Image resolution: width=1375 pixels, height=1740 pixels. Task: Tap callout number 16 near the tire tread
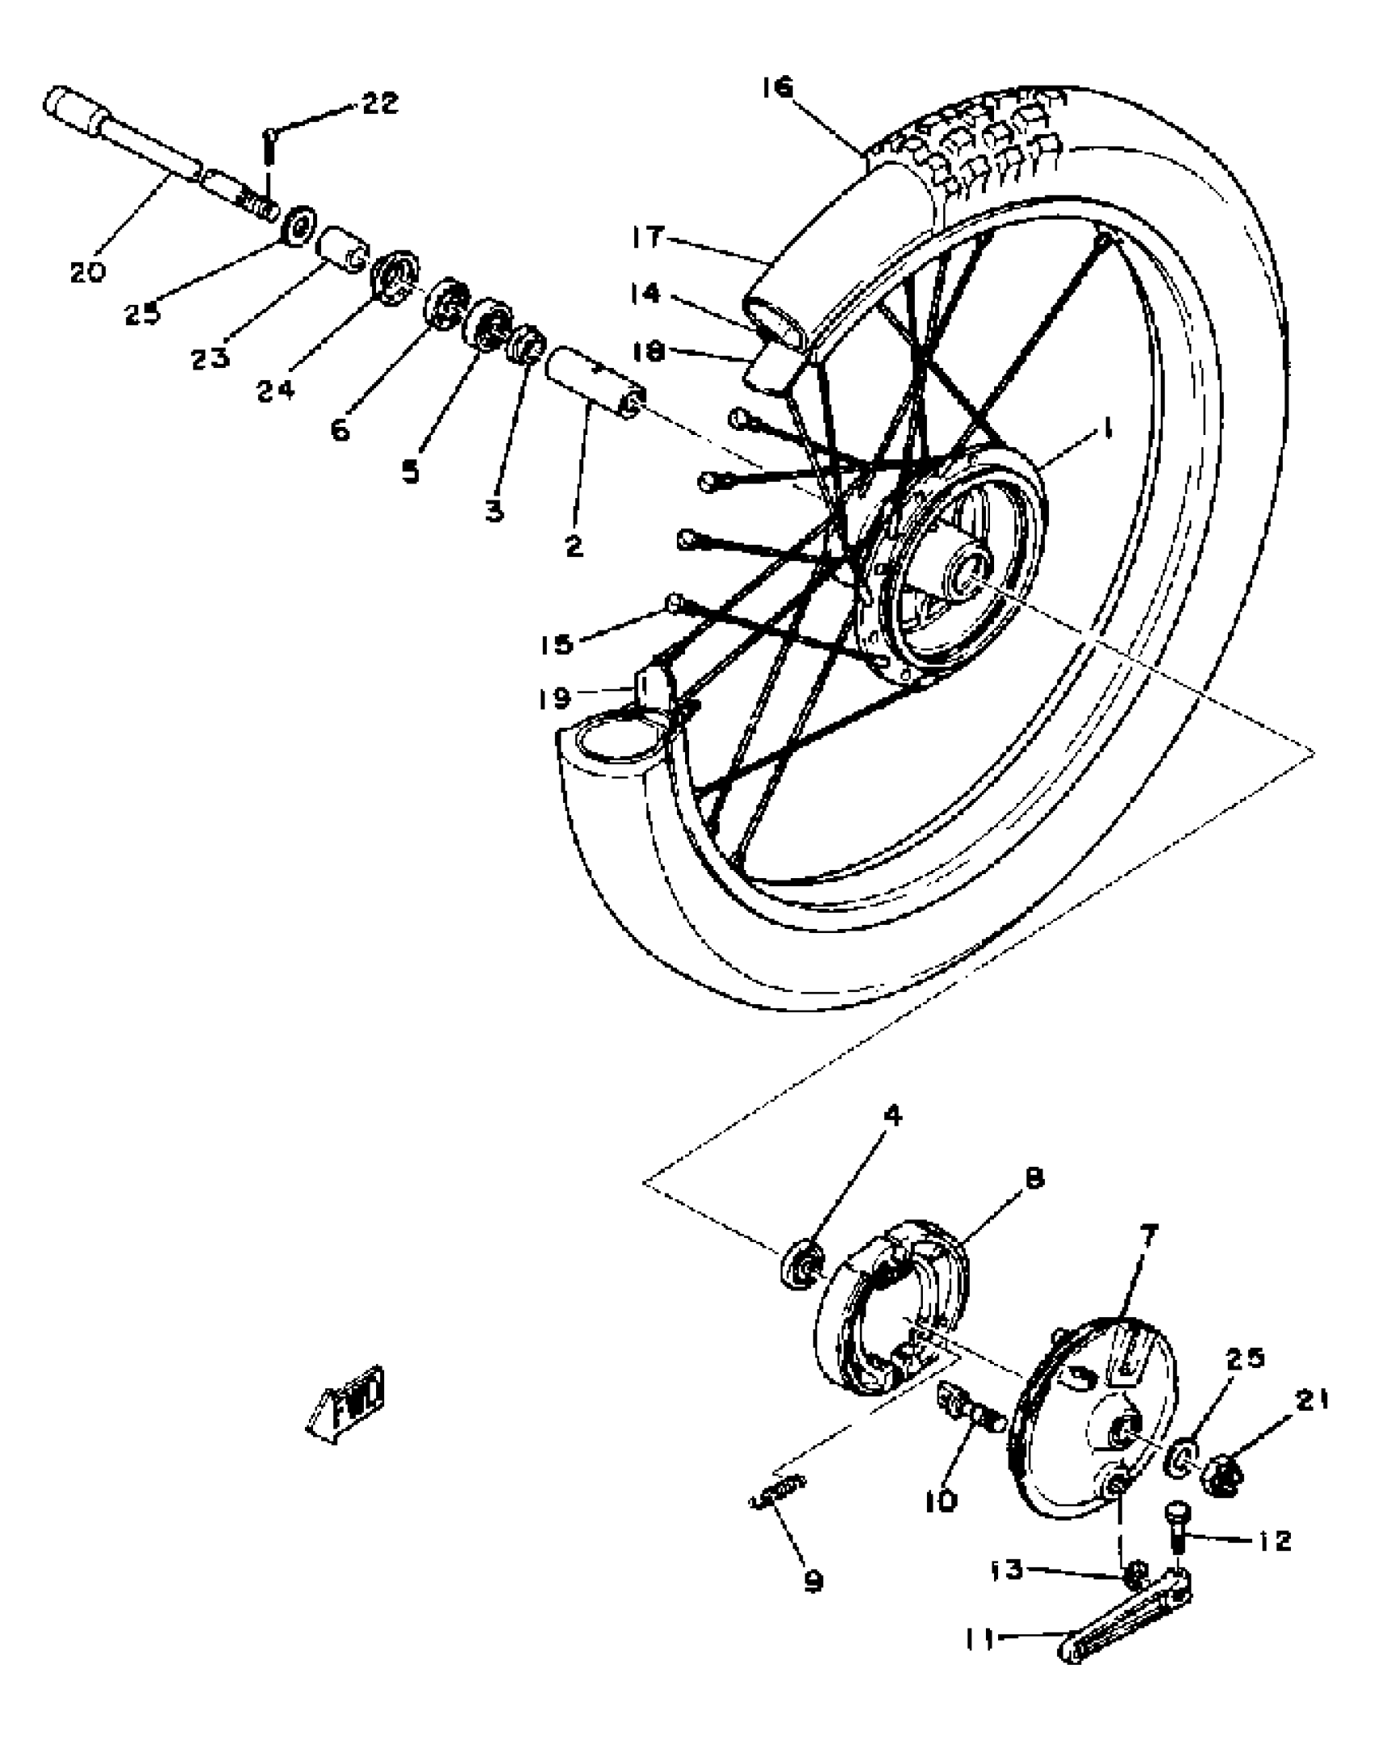778,87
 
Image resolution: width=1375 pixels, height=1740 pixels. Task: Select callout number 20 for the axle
87,272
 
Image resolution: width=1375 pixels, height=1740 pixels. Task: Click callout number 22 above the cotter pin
379,103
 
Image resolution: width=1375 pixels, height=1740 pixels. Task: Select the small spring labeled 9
778,1486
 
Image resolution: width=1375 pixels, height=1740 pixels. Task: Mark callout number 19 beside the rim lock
555,698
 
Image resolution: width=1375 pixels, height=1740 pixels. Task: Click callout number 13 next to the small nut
1007,1570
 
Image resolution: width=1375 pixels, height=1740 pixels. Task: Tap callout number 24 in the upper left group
276,391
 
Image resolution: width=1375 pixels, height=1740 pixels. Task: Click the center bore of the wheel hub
967,576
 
